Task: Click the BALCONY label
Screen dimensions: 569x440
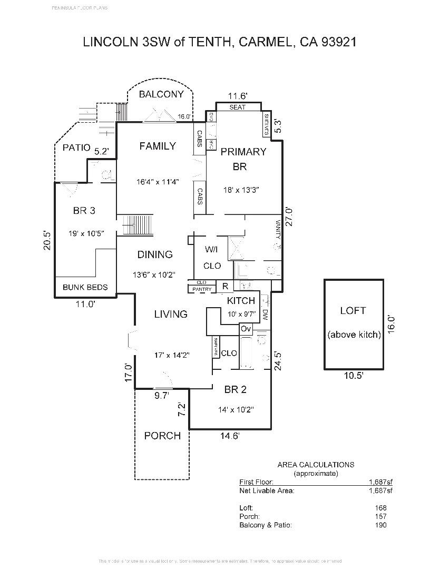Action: [161, 94]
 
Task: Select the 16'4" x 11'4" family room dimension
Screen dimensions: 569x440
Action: [158, 182]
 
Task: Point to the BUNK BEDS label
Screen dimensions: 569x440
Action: [85, 287]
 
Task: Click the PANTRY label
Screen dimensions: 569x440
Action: [202, 289]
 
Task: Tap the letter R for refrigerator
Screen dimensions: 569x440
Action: [224, 287]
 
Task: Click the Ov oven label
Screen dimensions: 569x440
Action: [246, 329]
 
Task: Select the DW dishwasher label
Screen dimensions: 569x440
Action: [265, 315]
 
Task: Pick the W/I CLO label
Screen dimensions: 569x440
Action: [212, 257]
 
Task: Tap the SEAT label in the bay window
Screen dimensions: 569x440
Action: [237, 107]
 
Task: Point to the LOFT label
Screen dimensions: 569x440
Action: [353, 311]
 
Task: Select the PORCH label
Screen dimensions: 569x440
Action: [162, 436]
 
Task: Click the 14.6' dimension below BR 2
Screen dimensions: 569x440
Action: [230, 436]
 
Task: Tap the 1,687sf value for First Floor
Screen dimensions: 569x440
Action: [380, 482]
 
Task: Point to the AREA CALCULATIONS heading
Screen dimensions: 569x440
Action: [316, 465]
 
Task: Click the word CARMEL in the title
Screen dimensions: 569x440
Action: [266, 42]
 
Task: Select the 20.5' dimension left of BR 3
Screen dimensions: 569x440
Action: [47, 240]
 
